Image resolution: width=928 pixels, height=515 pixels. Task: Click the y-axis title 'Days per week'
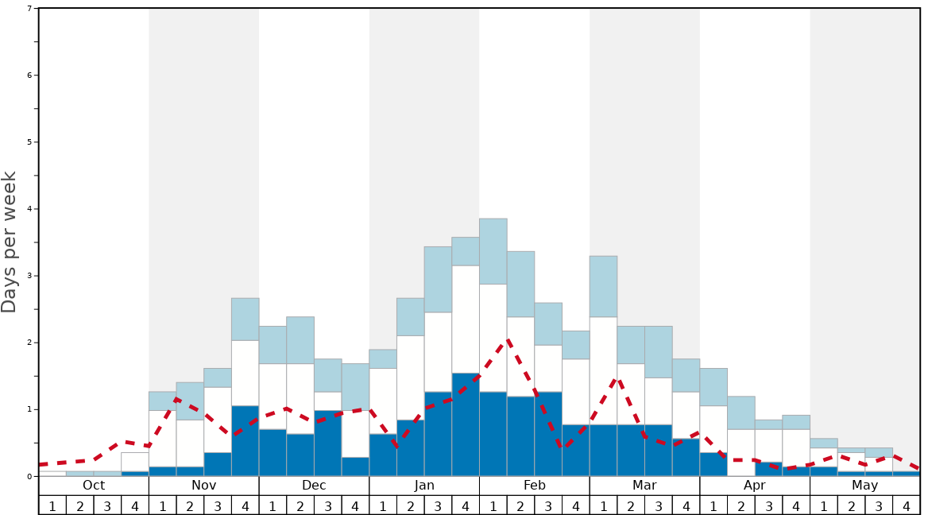point(10,242)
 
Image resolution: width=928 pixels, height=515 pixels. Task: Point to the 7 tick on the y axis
point(29,9)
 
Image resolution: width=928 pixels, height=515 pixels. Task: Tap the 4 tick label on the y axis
point(29,209)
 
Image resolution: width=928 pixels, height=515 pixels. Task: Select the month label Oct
point(94,486)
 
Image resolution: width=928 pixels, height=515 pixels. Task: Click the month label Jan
point(424,486)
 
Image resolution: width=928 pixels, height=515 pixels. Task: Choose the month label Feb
point(535,486)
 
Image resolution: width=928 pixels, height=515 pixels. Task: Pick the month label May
point(865,486)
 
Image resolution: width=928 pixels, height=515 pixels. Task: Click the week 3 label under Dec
point(327,505)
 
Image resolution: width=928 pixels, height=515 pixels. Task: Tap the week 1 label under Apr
point(713,505)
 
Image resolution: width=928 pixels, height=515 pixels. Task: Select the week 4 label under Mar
point(686,505)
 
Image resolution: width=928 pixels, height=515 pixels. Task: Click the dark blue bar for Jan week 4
point(466,424)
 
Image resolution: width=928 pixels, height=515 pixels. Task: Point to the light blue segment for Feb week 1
point(493,251)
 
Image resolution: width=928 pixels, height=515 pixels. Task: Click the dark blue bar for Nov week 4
point(245,441)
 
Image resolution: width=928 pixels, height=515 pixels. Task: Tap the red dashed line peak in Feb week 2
point(507,341)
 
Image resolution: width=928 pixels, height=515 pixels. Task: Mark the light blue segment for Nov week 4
point(245,319)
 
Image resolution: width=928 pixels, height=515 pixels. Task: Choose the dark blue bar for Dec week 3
point(327,443)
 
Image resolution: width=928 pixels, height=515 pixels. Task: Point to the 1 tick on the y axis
point(29,409)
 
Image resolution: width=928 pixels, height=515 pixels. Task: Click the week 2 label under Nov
point(190,505)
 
